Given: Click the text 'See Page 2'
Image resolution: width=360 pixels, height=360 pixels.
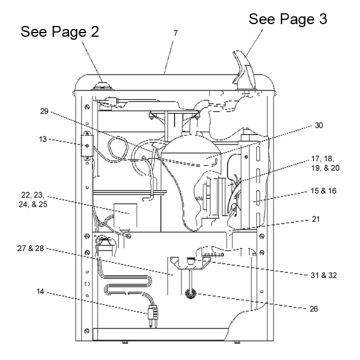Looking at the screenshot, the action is [x=60, y=32].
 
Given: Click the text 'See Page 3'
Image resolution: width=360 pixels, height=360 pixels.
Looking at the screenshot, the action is [x=288, y=19].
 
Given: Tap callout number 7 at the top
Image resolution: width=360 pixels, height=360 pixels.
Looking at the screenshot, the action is [x=175, y=33].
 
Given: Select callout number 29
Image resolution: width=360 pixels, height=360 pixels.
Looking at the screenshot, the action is [x=44, y=111].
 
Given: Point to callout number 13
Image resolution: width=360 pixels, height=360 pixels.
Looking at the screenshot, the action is [x=43, y=139].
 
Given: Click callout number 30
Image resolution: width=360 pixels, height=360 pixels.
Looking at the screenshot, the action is [x=319, y=125].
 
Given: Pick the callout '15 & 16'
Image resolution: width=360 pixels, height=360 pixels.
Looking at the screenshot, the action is [x=323, y=191].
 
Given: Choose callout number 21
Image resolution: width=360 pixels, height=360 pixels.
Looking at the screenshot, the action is [x=316, y=219].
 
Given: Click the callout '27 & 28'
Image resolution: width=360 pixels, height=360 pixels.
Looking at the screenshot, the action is [x=31, y=248].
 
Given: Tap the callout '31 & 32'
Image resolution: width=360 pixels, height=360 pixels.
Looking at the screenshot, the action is [x=323, y=275].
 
